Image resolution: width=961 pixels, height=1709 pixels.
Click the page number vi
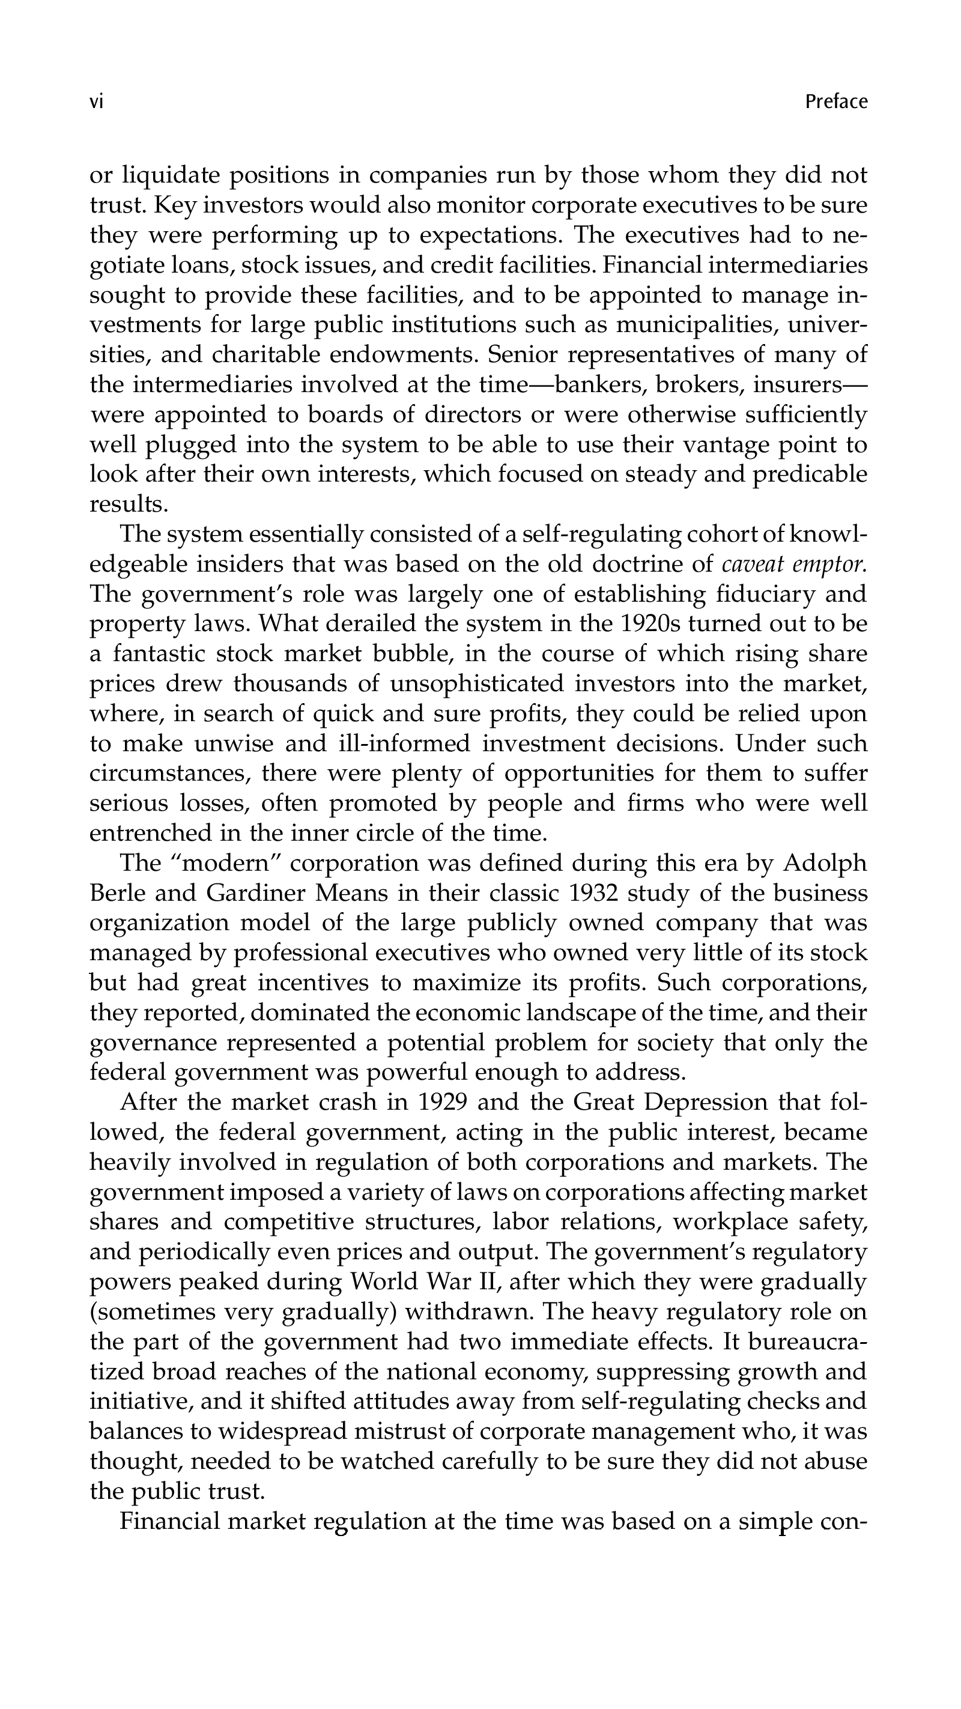click(96, 102)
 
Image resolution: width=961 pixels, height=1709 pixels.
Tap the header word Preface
click(835, 102)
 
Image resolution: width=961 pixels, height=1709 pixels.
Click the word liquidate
click(171, 176)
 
